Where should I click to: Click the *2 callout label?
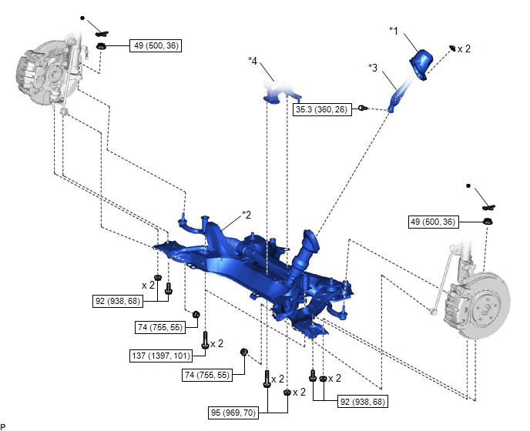[247, 214]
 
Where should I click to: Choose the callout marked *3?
[374, 67]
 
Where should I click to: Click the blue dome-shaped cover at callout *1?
[422, 63]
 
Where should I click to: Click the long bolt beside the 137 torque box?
[205, 339]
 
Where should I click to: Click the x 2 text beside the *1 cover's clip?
[465, 48]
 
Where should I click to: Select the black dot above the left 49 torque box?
[82, 17]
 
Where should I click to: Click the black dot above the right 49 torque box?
[468, 186]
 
